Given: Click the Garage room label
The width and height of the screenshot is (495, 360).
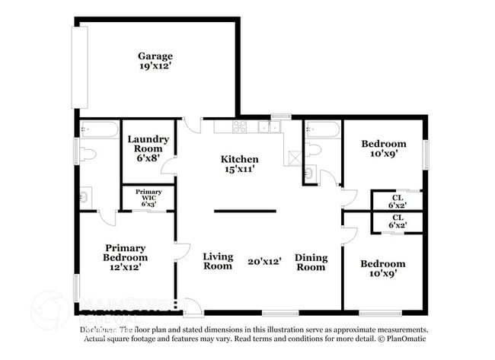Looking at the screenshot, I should (x=155, y=56).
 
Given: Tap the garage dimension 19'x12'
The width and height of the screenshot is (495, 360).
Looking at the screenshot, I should (x=155, y=67).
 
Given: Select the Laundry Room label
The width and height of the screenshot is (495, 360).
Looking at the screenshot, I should (x=148, y=144).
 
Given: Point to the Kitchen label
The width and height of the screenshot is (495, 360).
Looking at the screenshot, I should (x=239, y=159).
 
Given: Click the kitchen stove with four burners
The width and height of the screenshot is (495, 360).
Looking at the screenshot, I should (x=239, y=126).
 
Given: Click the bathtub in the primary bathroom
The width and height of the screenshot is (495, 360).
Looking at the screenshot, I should (x=99, y=129).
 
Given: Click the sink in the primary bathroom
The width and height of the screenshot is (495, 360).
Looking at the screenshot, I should (x=85, y=196).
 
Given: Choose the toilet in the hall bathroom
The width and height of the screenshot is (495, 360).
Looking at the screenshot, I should (x=312, y=150).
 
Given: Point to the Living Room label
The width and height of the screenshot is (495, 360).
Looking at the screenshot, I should (x=218, y=262).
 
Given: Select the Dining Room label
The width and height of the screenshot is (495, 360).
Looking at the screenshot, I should (x=310, y=262).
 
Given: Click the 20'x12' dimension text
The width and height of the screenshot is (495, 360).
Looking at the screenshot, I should (x=263, y=262).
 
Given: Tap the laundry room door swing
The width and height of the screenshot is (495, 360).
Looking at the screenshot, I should (x=169, y=166).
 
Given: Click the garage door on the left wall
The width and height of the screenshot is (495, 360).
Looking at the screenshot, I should (x=79, y=67).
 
